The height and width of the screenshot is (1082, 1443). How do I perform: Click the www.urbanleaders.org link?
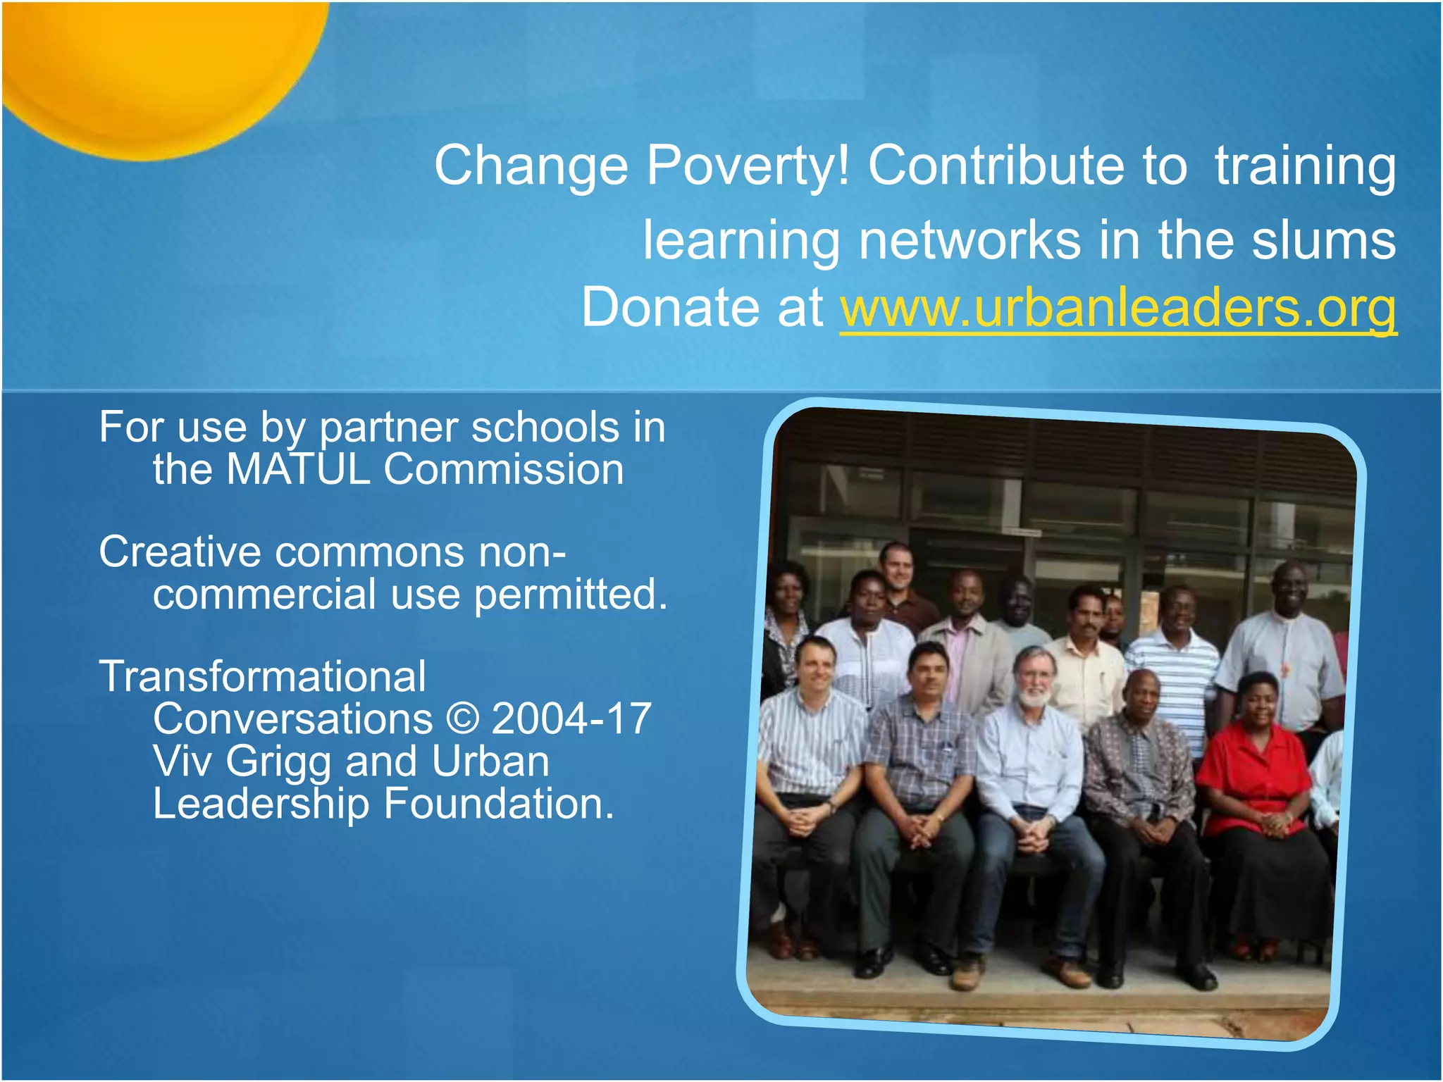(1117, 308)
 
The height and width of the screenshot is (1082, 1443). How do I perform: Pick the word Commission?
(504, 469)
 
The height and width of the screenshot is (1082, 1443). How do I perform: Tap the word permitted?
(571, 594)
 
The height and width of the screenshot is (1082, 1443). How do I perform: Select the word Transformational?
(262, 676)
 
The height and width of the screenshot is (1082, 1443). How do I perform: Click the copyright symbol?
(462, 719)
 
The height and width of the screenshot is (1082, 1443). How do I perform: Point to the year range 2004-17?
(571, 719)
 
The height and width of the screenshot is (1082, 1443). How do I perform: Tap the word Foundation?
(498, 804)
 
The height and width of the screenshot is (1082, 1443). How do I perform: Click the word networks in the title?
(970, 240)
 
